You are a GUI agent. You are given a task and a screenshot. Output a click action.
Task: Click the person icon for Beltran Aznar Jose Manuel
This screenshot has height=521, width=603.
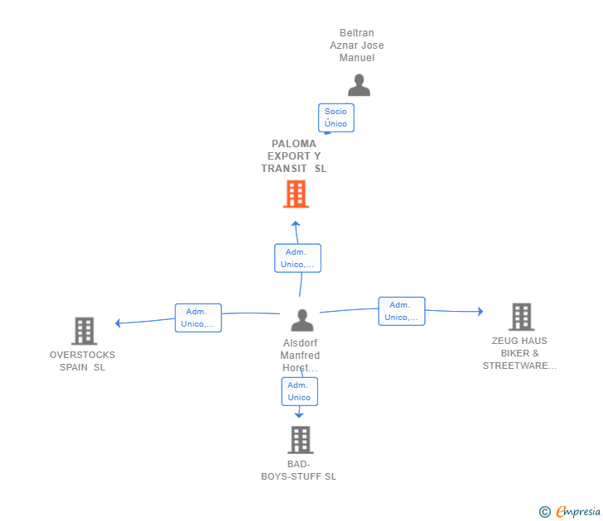359,84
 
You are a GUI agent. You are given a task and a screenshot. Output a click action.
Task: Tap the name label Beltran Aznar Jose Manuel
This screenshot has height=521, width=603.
357,45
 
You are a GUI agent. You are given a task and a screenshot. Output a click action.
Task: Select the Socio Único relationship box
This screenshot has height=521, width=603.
335,117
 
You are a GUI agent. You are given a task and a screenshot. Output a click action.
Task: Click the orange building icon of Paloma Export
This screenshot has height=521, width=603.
296,194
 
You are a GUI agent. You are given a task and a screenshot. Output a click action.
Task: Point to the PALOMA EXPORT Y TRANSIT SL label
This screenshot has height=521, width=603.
294,155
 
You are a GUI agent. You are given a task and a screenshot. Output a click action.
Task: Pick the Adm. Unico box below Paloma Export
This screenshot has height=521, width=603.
297,258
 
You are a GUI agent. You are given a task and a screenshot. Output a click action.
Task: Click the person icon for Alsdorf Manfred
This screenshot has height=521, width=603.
302,320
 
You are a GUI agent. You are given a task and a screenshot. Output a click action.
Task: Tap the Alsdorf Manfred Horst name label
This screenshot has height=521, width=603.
300,356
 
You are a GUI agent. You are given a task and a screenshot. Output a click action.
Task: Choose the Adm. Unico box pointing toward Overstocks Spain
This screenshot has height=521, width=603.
198,318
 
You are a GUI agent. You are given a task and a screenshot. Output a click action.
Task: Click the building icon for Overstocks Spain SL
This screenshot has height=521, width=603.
84,331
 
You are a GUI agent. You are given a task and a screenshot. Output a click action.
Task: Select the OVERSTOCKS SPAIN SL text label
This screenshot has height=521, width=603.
83,361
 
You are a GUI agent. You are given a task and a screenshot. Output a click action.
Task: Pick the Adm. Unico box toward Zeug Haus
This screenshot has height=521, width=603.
402,311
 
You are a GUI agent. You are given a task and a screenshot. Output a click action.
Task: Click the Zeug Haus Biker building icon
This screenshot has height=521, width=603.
520,317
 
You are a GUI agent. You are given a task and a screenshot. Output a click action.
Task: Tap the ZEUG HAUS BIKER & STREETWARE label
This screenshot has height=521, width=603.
519,353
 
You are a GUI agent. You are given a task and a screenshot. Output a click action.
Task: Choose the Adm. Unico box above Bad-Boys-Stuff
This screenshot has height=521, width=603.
299,391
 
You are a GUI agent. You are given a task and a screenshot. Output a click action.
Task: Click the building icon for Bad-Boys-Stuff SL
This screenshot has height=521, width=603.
301,439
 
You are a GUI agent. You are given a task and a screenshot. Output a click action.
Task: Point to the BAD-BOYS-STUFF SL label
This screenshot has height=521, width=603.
298,471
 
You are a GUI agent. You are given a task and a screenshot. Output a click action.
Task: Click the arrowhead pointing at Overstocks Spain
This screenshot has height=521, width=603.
118,323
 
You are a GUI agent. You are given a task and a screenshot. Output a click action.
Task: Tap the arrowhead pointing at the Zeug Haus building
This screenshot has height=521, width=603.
480,312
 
